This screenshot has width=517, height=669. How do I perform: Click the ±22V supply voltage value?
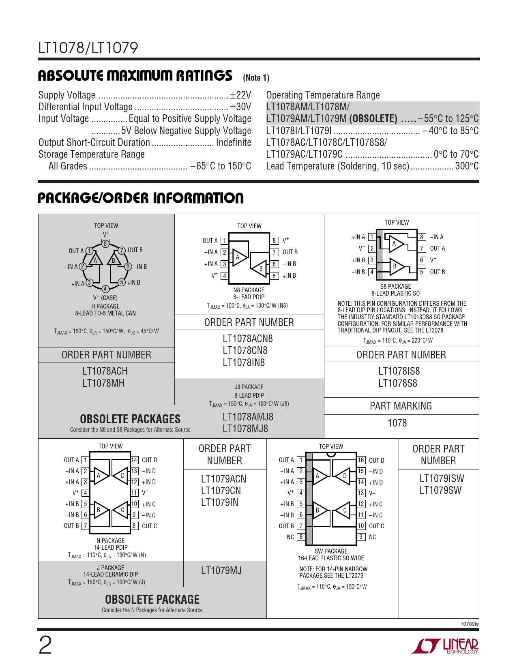(240, 95)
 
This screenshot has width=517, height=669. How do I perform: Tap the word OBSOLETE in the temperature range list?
(373, 119)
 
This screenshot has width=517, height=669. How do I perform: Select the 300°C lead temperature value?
(467, 166)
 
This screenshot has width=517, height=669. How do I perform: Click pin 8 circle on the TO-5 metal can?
(105, 244)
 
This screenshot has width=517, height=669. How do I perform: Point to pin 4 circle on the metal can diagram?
(105, 289)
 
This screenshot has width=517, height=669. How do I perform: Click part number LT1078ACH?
(105, 371)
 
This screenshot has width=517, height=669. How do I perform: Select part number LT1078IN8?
(243, 362)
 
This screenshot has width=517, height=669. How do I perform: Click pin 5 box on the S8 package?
(422, 272)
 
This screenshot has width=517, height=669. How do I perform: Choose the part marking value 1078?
(397, 423)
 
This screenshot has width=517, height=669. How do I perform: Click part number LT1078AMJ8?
(248, 417)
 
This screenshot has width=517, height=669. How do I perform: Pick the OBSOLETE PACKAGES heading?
(130, 419)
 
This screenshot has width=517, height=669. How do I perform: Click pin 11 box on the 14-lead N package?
(134, 493)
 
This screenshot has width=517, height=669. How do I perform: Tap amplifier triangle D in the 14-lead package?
(121, 475)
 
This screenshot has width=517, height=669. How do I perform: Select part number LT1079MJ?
(221, 570)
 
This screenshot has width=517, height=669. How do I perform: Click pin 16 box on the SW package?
(361, 460)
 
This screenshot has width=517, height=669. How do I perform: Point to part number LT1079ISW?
(442, 478)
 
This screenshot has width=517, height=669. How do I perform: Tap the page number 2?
(45, 645)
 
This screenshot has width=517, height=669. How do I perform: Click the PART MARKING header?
(401, 406)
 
